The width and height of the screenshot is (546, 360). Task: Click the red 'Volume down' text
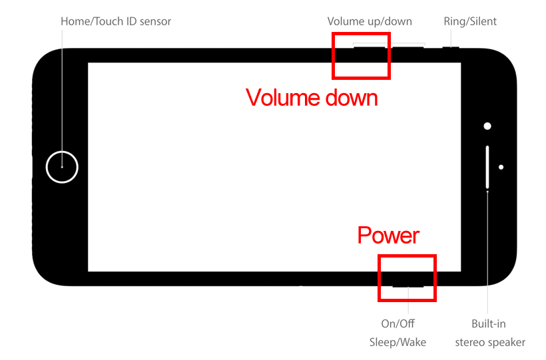312,98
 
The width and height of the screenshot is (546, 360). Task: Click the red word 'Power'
389,235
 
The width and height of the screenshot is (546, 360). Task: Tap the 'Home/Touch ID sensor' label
116,21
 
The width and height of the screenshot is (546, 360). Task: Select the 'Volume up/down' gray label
370,21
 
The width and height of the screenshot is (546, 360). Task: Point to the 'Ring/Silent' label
470,21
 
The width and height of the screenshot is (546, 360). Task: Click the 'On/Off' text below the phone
398,323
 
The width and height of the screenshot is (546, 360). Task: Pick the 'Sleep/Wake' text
398,342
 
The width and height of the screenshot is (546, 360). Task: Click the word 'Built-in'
489,323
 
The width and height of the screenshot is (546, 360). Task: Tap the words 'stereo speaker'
490,342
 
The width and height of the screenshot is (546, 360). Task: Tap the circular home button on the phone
62,166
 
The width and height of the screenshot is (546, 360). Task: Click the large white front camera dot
487,126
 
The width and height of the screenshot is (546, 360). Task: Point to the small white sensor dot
501,167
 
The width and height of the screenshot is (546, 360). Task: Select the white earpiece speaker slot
487,166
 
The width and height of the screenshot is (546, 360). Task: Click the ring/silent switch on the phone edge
451,47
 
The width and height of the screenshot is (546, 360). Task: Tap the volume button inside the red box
370,47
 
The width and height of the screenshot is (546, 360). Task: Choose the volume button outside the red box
408,47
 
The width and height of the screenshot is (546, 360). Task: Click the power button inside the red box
408,286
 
